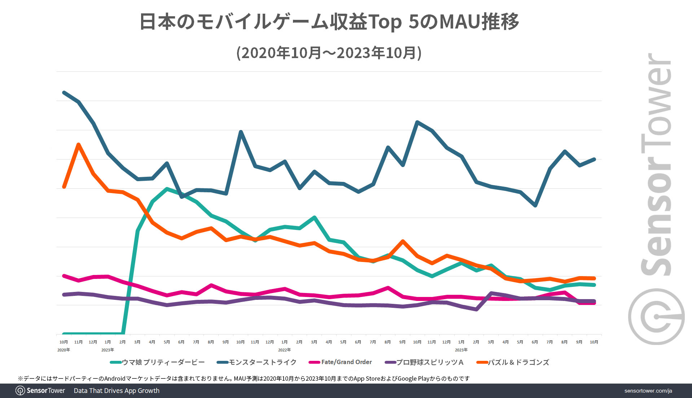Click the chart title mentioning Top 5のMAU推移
[x=329, y=22]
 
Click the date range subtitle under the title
[x=329, y=53]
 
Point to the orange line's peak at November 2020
[x=78, y=145]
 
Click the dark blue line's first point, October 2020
[x=64, y=93]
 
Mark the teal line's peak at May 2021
[x=167, y=189]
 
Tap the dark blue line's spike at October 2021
[x=241, y=132]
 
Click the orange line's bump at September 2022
[x=403, y=241]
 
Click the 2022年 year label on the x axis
[x=284, y=350]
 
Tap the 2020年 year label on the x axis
[x=63, y=350]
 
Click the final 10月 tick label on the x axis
[x=594, y=342]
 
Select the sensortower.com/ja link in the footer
[x=648, y=391]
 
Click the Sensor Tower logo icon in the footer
[x=20, y=391]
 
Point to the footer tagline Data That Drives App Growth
[x=117, y=391]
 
